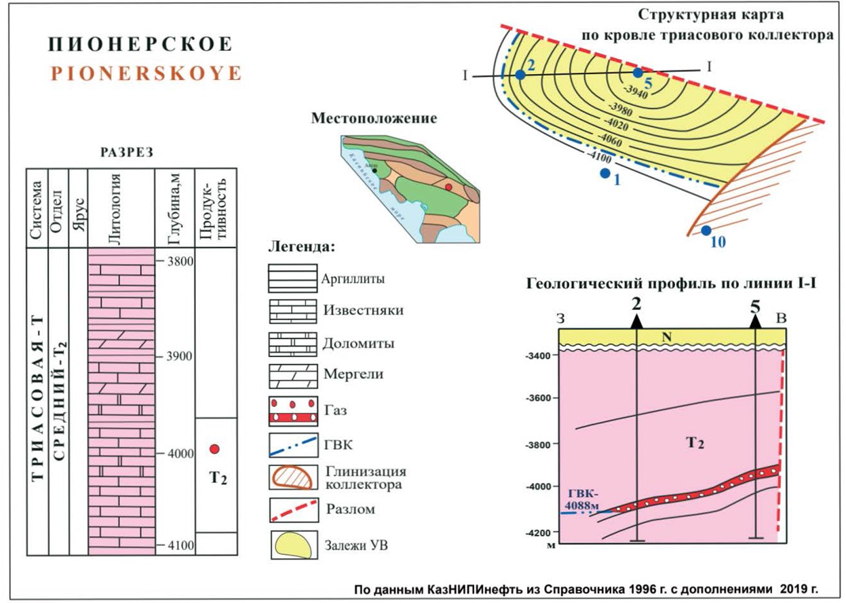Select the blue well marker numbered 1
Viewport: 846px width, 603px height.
(604, 174)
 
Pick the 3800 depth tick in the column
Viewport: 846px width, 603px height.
(178, 260)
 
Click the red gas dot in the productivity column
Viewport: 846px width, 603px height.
(214, 448)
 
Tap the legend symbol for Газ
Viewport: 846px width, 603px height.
(293, 409)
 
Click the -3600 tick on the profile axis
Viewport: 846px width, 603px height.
(540, 398)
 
